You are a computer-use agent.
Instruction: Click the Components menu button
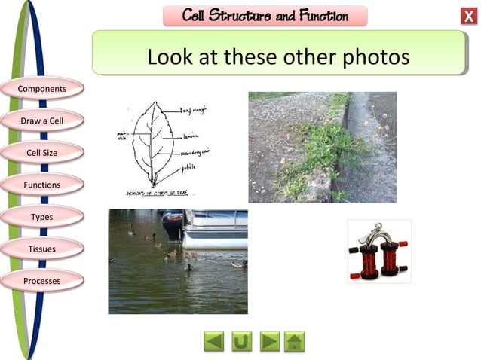pyautogui.click(x=42, y=89)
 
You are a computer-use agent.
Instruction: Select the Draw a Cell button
pyautogui.click(x=42, y=121)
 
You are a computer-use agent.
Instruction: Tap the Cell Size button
pyautogui.click(x=42, y=153)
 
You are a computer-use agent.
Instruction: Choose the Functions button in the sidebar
pyautogui.click(x=42, y=185)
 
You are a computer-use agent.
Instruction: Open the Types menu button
pyautogui.click(x=42, y=217)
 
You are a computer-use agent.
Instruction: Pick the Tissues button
pyautogui.click(x=42, y=249)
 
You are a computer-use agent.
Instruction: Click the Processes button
pyautogui.click(x=42, y=281)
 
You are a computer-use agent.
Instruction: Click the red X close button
pyautogui.click(x=467, y=17)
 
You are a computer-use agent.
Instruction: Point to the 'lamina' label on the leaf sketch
pyautogui.click(x=190, y=137)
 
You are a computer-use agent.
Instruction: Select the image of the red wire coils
pyautogui.click(x=378, y=252)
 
